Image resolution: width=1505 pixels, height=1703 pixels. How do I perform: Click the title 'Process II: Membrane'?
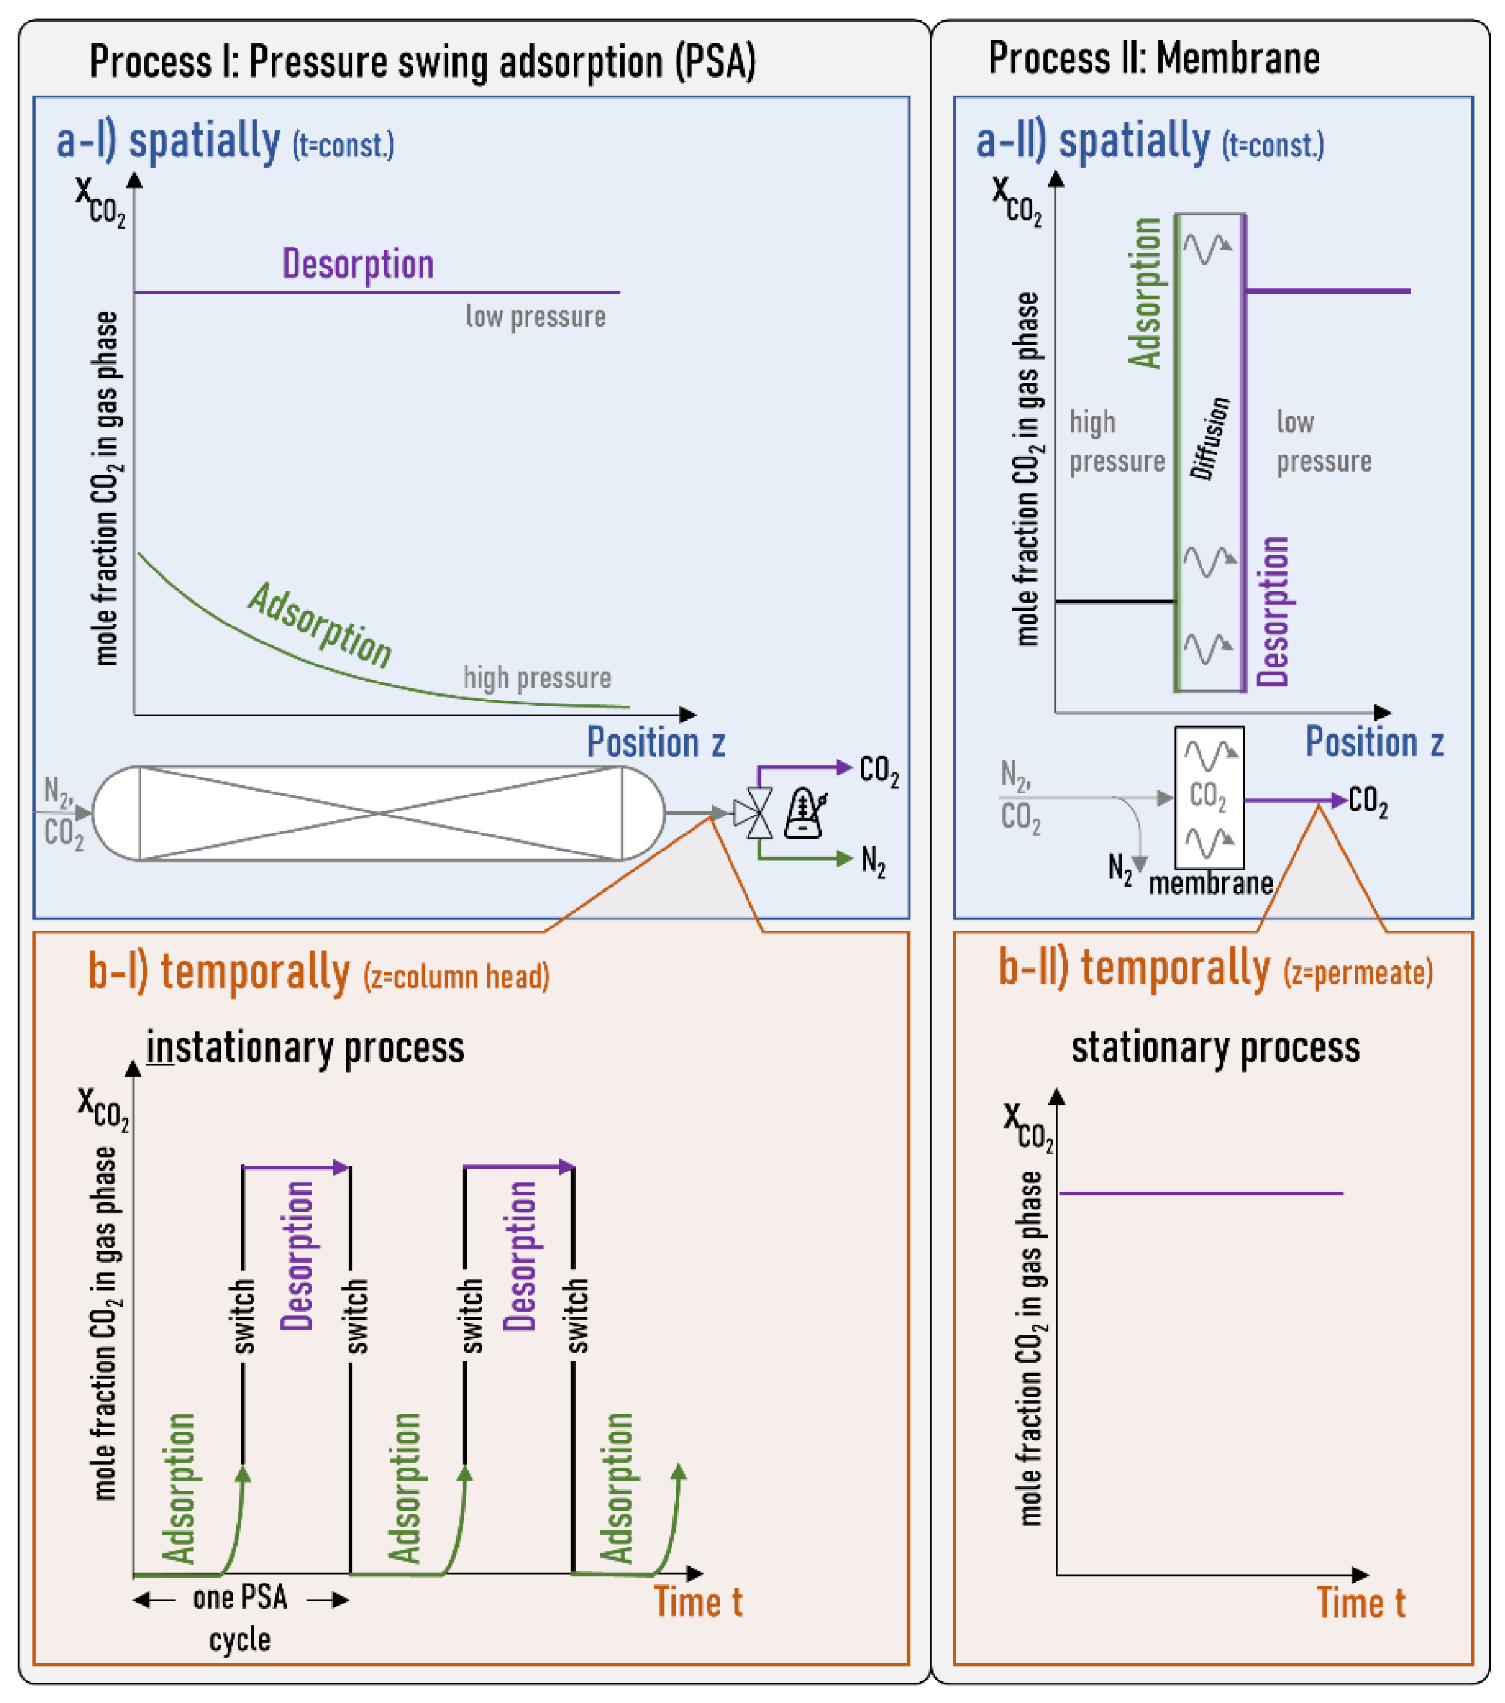click(x=1153, y=58)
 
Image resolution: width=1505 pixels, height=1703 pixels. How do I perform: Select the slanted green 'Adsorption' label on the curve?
click(x=321, y=625)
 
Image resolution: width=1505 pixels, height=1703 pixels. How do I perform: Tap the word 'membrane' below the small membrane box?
click(x=1210, y=883)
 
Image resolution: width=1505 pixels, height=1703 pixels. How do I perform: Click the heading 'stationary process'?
click(x=1214, y=1047)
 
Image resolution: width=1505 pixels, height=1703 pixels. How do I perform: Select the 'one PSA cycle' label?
click(x=240, y=1617)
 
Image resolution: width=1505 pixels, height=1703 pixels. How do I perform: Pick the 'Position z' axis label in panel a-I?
click(x=656, y=742)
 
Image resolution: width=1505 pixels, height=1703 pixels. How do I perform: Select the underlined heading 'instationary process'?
click(x=305, y=1047)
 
